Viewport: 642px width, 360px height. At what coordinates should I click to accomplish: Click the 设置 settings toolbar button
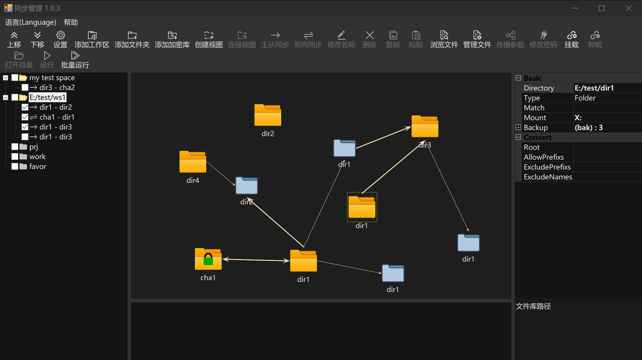coord(60,39)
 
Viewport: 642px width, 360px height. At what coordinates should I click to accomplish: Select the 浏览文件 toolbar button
coord(444,39)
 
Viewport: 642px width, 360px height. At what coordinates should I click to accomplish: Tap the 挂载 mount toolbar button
coord(571,39)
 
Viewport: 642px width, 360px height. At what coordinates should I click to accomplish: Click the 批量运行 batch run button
coord(75,60)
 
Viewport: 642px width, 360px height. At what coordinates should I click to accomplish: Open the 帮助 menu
coord(71,22)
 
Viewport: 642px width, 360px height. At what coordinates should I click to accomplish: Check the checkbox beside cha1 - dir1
coord(25,117)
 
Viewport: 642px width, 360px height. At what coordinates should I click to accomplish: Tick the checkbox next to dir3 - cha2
coord(25,87)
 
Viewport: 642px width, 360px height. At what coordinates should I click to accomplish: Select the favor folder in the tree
coord(37,166)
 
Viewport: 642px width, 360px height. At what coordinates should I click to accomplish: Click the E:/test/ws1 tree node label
coord(47,97)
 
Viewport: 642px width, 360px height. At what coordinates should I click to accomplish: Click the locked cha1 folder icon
coord(208,259)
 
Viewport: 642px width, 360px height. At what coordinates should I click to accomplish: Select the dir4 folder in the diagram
coord(193,162)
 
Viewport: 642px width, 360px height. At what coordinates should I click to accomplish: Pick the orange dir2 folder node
coord(268,115)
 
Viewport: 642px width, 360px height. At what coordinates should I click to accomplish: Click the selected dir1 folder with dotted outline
coord(362,207)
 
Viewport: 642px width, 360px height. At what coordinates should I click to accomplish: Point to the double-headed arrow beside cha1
coord(256,260)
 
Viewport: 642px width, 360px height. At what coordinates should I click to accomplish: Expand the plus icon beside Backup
coord(518,127)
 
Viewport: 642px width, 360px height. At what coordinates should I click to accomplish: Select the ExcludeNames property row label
coord(548,177)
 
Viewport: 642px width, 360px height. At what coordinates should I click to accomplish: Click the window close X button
coord(628,8)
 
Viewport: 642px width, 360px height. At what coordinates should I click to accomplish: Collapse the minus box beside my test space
coord(6,78)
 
